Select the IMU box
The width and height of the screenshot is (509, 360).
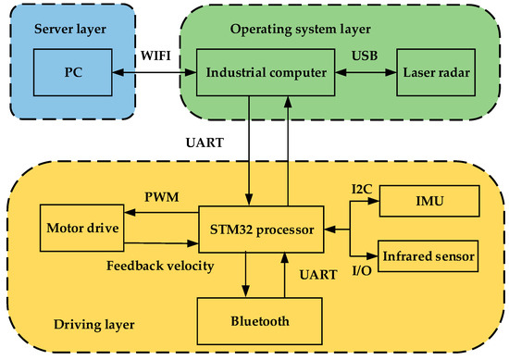coord(428,200)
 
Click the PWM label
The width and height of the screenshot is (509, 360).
coord(160,197)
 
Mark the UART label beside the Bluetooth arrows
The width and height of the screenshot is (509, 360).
coord(318,277)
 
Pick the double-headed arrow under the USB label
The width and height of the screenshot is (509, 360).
coord(364,72)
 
